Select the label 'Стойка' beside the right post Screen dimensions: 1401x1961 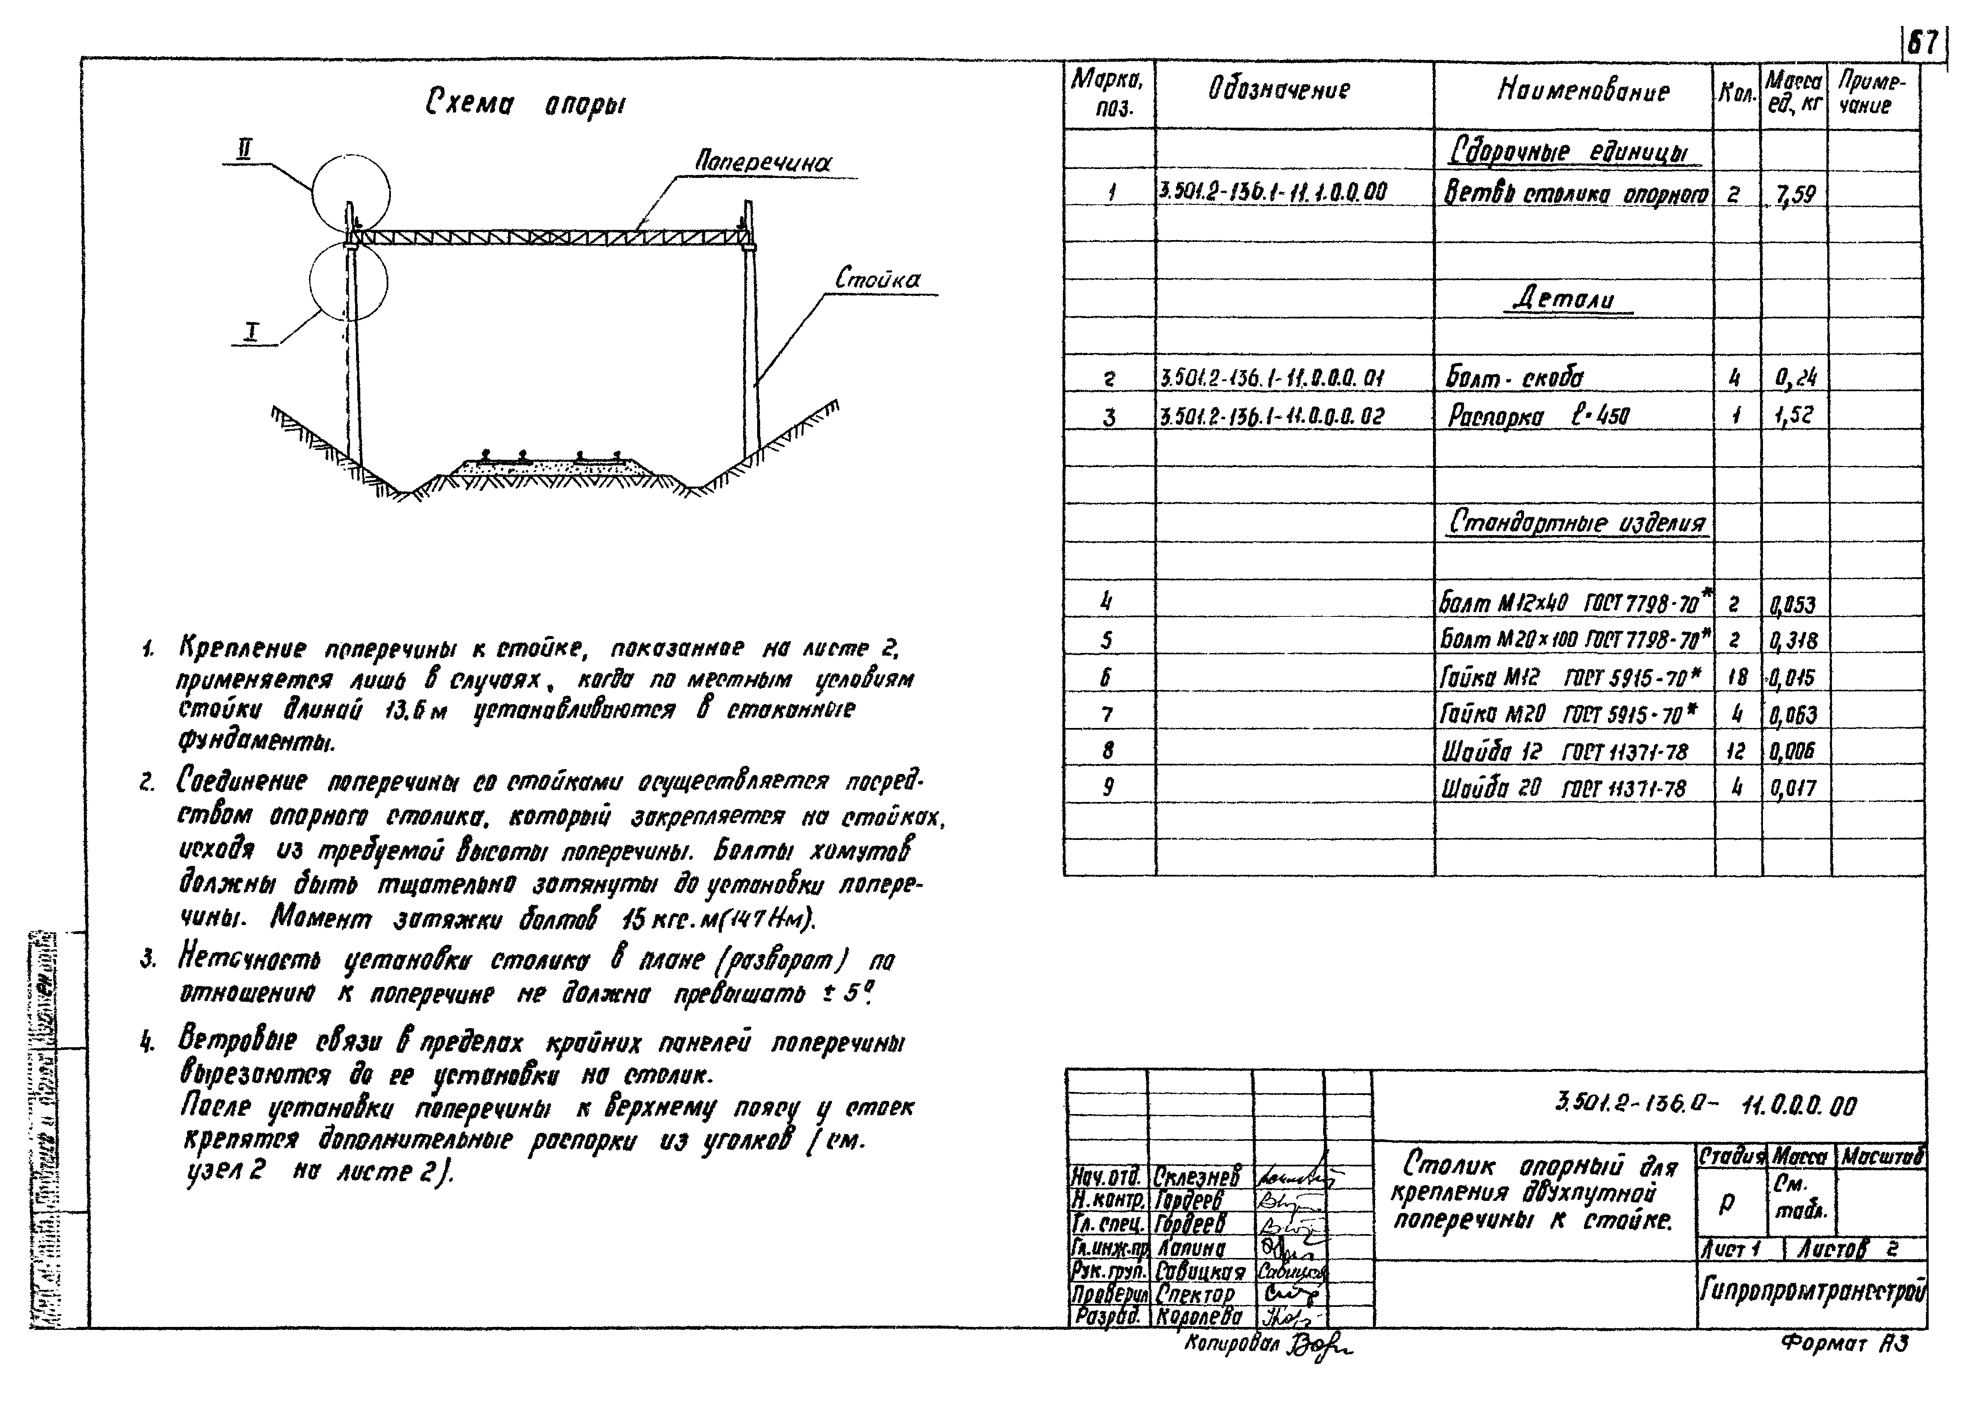pyautogui.click(x=877, y=280)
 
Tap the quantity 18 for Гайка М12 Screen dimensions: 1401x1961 pyautogui.click(x=1737, y=677)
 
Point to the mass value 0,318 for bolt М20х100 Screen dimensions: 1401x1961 pyautogui.click(x=1794, y=641)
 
